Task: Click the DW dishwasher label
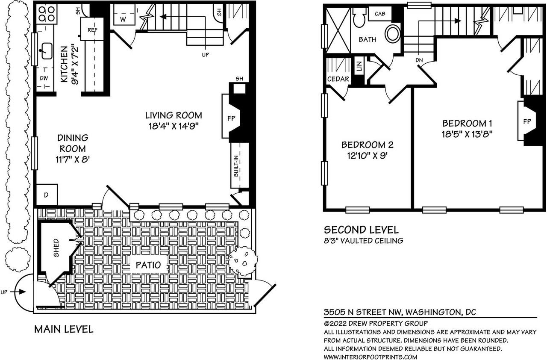pyautogui.click(x=44, y=79)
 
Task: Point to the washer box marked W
pyautogui.click(x=123, y=18)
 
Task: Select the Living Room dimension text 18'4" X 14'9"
pyautogui.click(x=173, y=126)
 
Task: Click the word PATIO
pyautogui.click(x=148, y=265)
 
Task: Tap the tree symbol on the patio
pyautogui.click(x=243, y=261)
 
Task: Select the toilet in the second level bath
pyautogui.click(x=359, y=17)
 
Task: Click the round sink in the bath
pyautogui.click(x=392, y=32)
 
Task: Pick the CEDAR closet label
pyautogui.click(x=338, y=79)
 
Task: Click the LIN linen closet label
pyautogui.click(x=359, y=66)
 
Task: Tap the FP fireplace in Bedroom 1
pyautogui.click(x=527, y=122)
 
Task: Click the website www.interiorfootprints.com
pyautogui.click(x=370, y=357)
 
